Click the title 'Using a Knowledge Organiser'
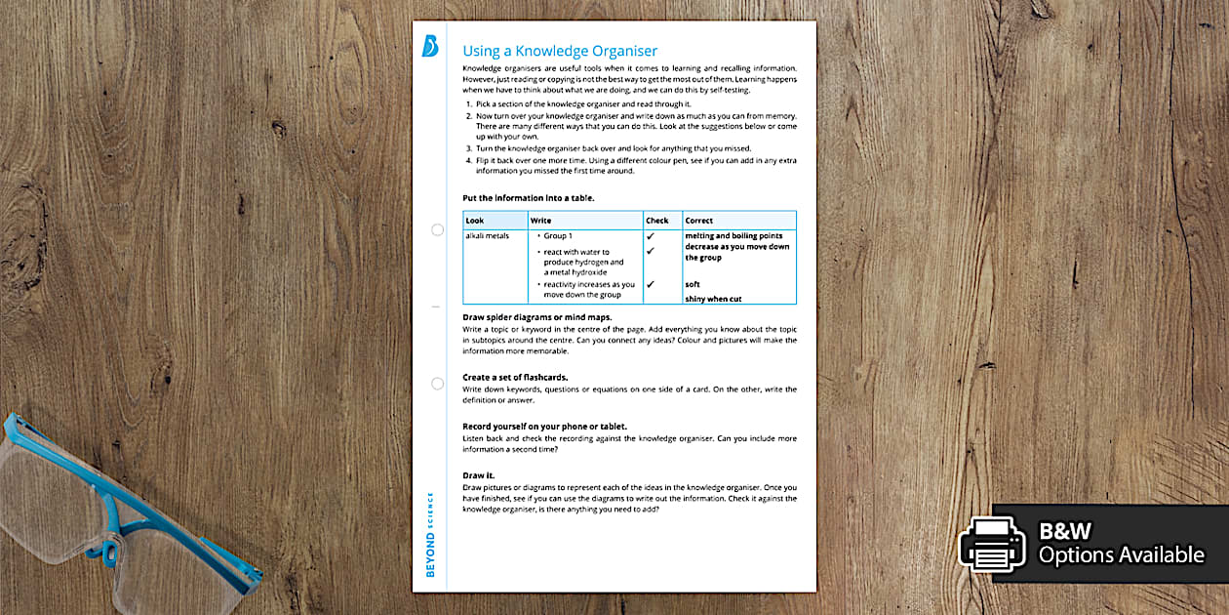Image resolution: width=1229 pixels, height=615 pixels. pyautogui.click(x=560, y=51)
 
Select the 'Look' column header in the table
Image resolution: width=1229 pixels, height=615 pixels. pyautogui.click(x=475, y=221)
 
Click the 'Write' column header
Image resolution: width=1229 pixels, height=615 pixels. pyautogui.click(x=540, y=221)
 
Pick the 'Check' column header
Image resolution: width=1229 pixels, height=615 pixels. pyautogui.click(x=657, y=221)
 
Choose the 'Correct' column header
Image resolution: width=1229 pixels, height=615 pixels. pyautogui.click(x=699, y=221)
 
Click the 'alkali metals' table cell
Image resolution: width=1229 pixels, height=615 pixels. pyautogui.click(x=487, y=236)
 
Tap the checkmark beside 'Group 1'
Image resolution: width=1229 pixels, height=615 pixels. pyautogui.click(x=651, y=236)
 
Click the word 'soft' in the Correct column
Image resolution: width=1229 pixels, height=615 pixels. pyautogui.click(x=693, y=284)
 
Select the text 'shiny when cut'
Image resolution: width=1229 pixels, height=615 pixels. pyautogui.click(x=713, y=299)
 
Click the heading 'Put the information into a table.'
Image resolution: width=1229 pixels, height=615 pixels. pyautogui.click(x=528, y=197)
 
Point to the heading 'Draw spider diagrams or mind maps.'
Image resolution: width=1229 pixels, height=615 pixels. pyautogui.click(x=536, y=317)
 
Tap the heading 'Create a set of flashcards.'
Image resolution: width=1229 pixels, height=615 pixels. pyautogui.click(x=515, y=377)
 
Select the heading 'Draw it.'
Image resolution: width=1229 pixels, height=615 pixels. pyautogui.click(x=478, y=474)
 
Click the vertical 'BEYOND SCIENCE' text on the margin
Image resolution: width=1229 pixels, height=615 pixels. pyautogui.click(x=431, y=535)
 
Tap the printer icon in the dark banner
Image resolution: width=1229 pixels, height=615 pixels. pyautogui.click(x=992, y=543)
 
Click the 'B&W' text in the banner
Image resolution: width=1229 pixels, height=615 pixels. pyautogui.click(x=1065, y=532)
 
